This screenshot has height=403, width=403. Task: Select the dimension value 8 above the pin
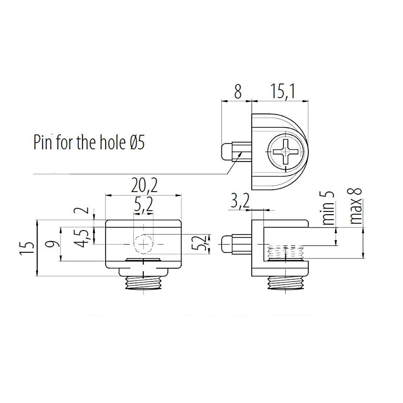coord(238,92)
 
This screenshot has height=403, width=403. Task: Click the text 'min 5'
coord(329,208)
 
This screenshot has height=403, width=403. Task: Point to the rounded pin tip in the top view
coord(225,152)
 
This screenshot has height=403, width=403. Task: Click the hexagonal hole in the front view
coord(144,244)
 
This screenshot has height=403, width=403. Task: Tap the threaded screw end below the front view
coord(143,282)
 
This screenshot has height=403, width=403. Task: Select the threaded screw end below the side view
coord(285,282)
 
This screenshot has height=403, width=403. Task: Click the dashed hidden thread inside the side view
coord(285,253)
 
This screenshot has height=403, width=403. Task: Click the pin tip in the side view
coord(225,244)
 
